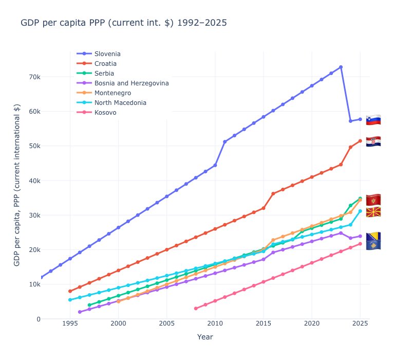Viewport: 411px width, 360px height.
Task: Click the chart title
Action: [123, 23]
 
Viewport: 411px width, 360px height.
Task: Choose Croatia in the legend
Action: [105, 64]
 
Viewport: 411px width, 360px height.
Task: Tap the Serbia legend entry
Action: [104, 74]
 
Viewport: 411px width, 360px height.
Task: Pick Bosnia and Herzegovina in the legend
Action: [132, 83]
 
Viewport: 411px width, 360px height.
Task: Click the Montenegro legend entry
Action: [113, 93]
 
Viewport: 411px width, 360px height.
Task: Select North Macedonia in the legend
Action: [120, 103]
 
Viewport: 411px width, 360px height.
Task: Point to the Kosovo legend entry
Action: [105, 113]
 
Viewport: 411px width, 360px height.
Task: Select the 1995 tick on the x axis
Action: [70, 323]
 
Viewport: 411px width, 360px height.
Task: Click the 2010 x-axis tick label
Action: [215, 323]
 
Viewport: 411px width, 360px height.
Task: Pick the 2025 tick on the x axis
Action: [360, 323]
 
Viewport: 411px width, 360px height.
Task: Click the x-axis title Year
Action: [206, 337]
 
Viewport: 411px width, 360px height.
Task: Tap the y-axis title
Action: [17, 185]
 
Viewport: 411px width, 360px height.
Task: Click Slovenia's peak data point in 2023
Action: [341, 67]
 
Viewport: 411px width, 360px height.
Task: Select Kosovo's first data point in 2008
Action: [196, 309]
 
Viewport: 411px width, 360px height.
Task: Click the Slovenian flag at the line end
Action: [373, 120]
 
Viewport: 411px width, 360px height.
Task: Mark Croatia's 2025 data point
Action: [360, 140]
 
